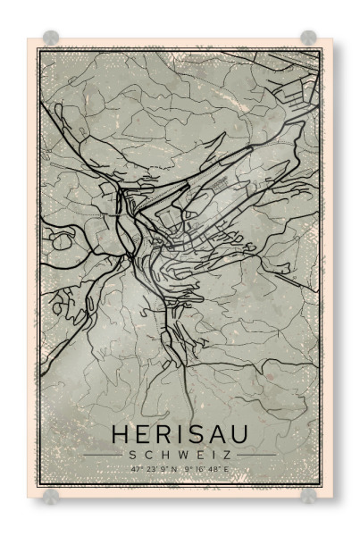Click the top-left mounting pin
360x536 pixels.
pyautogui.click(x=51, y=38)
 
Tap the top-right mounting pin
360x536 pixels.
pyautogui.click(x=308, y=38)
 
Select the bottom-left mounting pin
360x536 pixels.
pyautogui.click(x=51, y=495)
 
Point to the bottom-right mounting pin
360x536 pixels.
pyautogui.click(x=308, y=495)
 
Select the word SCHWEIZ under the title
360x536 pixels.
pyautogui.click(x=180, y=455)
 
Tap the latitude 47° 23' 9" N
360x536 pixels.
pyautogui.click(x=154, y=468)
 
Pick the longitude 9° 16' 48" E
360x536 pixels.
pyautogui.click(x=206, y=468)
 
